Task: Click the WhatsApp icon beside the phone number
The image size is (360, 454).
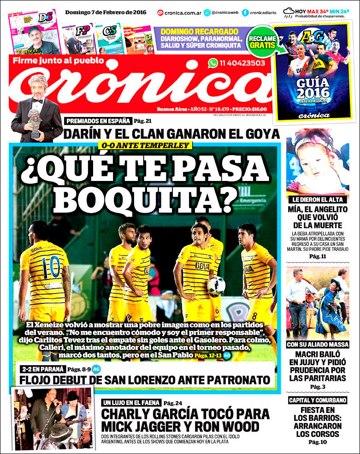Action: click(x=213, y=63)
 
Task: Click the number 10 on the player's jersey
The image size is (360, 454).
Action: click(x=48, y=267)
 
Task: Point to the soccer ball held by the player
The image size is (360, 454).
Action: click(x=215, y=286)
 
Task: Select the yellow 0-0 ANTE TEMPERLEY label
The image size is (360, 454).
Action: click(x=145, y=146)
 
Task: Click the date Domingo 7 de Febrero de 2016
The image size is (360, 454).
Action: click(x=106, y=12)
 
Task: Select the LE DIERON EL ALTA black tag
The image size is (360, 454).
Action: click(x=318, y=200)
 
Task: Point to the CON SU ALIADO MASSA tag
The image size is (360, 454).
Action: click(x=318, y=344)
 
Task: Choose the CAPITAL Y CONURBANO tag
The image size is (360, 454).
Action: click(x=318, y=400)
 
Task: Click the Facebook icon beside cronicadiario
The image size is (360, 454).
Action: click(x=245, y=12)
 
